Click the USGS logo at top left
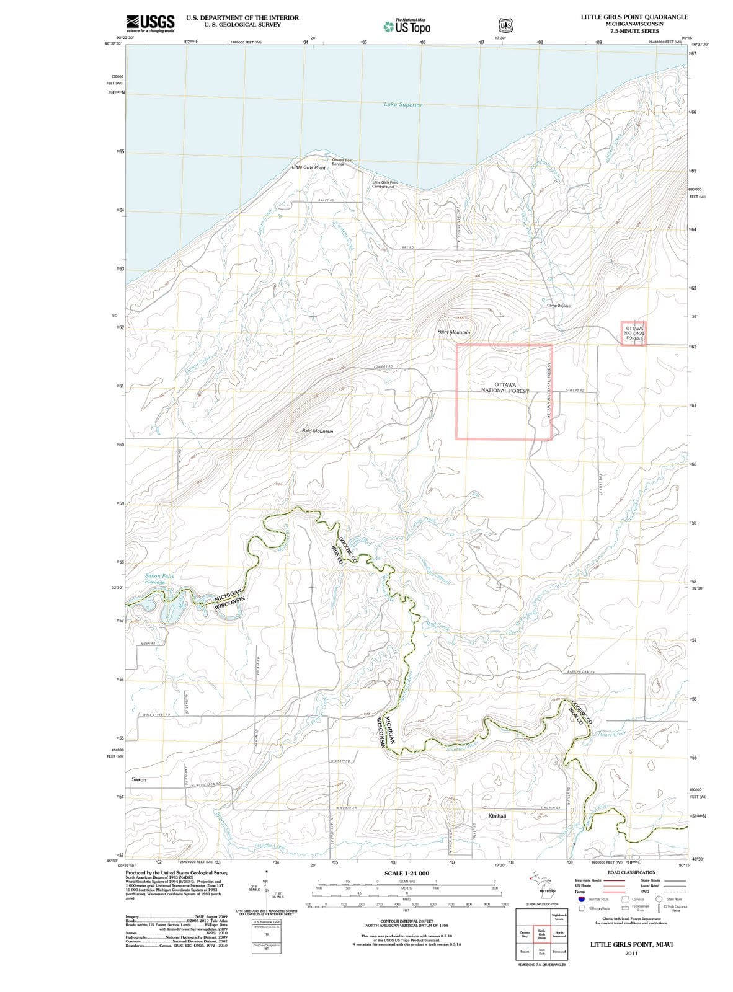149,22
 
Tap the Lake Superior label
403,105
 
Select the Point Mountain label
453,332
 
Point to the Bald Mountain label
318,431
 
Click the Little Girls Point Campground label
384,184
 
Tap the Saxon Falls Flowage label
159,579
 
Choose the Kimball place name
497,816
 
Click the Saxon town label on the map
139,779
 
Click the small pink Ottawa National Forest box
634,333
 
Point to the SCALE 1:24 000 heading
406,873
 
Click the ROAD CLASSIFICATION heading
632,872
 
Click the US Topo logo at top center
407,27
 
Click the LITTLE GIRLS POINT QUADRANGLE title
634,17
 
